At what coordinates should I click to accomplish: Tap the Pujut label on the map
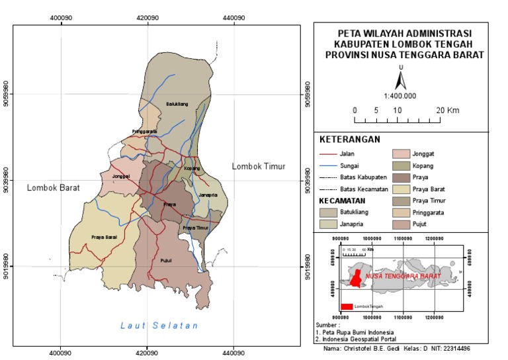(x=166, y=260)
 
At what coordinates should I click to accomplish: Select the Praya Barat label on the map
(x=104, y=236)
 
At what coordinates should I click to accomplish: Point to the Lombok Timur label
(x=258, y=166)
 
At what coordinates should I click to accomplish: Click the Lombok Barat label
(x=53, y=188)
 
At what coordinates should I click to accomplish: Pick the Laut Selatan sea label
(x=159, y=325)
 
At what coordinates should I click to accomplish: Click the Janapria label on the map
(x=208, y=195)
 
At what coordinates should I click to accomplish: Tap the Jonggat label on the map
(x=121, y=177)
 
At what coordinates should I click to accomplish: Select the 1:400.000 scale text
(x=400, y=96)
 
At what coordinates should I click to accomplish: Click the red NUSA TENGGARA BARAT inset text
(x=403, y=274)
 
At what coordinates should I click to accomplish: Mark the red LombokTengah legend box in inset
(x=347, y=306)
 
